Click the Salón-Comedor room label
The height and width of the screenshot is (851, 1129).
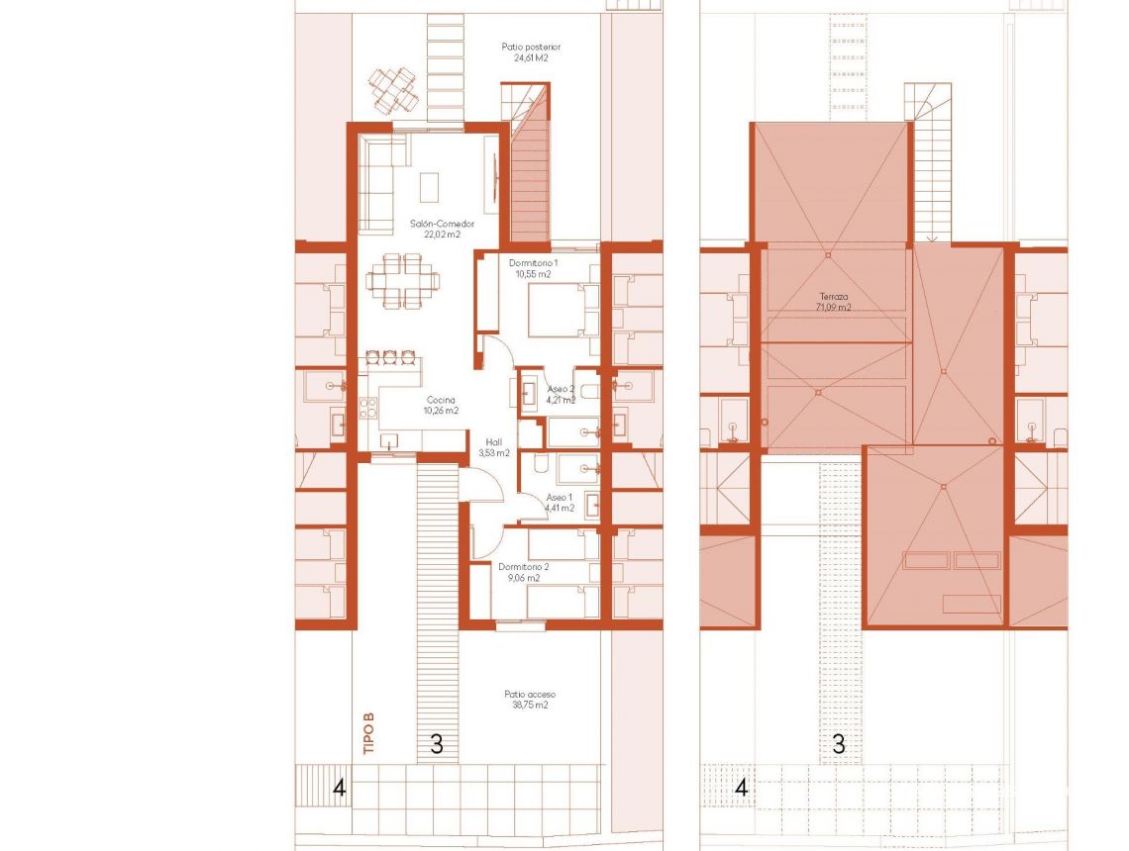[442, 225]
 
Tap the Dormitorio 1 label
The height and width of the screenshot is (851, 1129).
[535, 263]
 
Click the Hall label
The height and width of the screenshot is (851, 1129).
[492, 442]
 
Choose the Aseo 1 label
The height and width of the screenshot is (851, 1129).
[560, 498]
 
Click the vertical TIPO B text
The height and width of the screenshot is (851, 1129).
[369, 737]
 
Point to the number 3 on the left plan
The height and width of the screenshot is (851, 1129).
[436, 744]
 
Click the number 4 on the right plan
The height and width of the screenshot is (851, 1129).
[741, 789]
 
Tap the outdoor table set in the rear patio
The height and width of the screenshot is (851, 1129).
[393, 88]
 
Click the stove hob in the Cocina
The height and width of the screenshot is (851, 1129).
[369, 406]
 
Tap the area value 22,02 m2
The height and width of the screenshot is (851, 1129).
[442, 236]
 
